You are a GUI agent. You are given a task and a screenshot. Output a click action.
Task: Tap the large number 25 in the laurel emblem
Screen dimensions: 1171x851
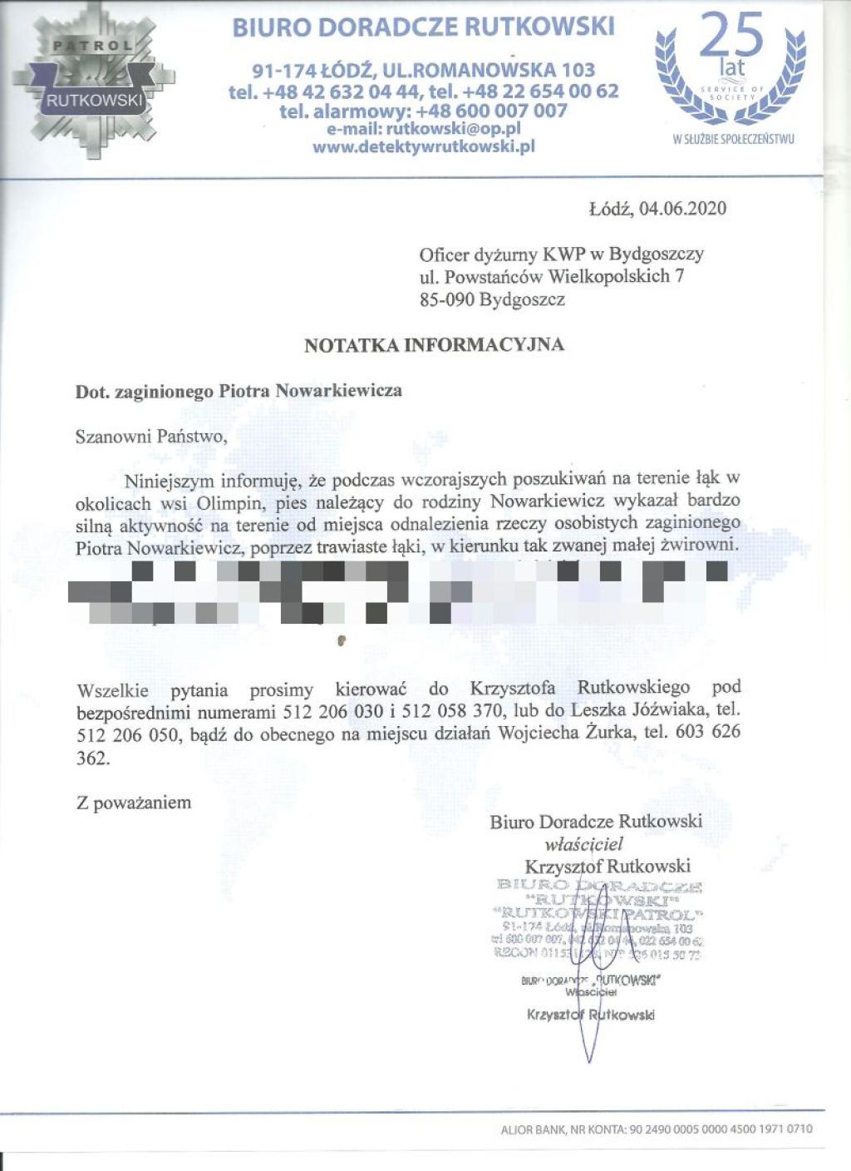pos(730,37)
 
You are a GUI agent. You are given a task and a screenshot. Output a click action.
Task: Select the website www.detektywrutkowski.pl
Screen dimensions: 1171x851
pos(423,147)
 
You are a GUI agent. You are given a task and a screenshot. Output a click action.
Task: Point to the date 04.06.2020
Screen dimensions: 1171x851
pos(682,208)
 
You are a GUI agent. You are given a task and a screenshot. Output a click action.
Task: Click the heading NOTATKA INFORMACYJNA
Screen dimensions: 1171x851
pos(434,344)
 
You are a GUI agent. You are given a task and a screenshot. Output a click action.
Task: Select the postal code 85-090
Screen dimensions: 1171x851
pos(447,299)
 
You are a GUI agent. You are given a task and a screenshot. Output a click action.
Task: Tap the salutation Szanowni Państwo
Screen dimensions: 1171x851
pos(150,435)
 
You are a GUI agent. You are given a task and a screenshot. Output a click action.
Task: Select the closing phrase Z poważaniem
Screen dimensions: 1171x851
pos(134,803)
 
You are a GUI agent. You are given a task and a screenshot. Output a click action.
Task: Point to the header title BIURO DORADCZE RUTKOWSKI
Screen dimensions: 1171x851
pos(423,28)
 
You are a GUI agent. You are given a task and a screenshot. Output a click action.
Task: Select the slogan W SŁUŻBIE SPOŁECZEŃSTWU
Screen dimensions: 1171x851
pos(733,139)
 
